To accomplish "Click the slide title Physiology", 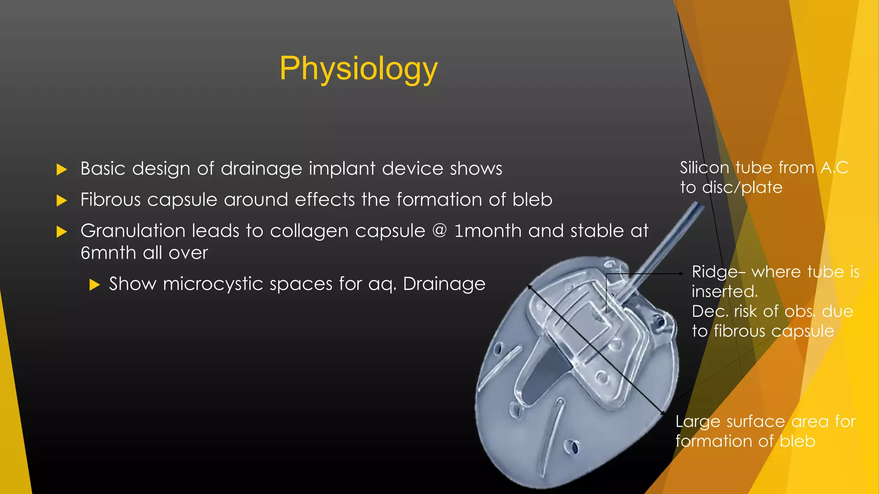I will point(358,69).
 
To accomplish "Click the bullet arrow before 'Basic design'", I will point(62,169).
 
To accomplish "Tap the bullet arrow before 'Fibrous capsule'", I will point(62,200).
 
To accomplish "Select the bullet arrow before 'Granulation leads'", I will point(62,232).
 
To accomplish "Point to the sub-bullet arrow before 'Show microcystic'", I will point(94,284).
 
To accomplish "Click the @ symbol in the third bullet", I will point(439,231).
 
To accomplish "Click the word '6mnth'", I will point(108,253).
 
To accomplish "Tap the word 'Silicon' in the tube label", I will point(704,168).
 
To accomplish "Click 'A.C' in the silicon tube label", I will point(834,168).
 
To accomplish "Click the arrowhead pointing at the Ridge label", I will point(681,273).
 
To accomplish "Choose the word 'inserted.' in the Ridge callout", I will point(724,292).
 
